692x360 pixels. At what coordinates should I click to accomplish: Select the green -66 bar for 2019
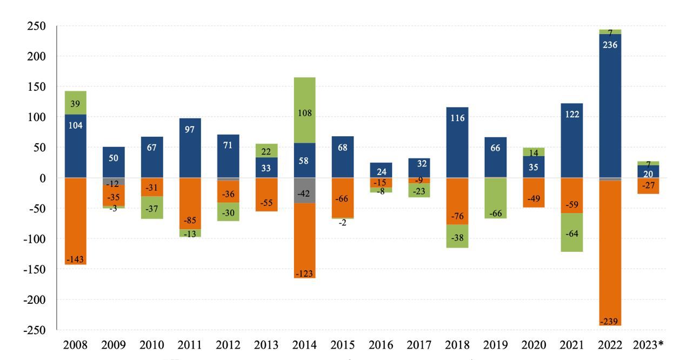click(496, 198)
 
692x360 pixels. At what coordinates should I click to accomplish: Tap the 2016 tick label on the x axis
click(381, 345)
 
